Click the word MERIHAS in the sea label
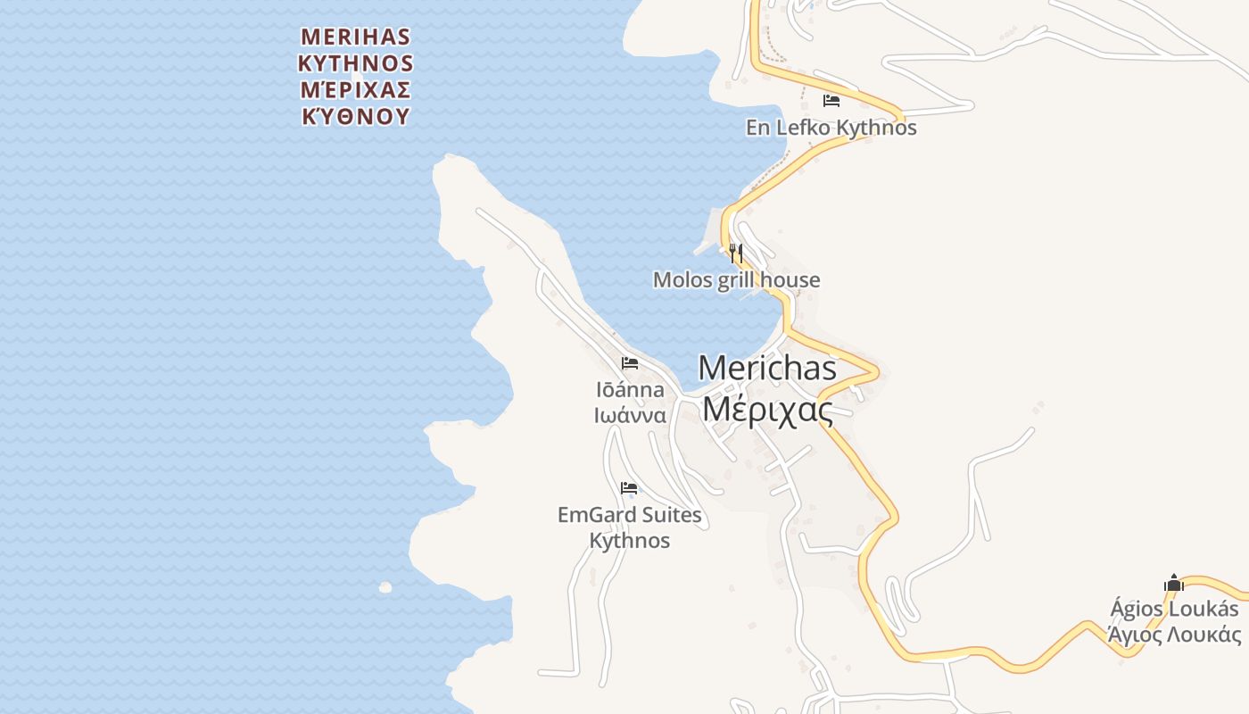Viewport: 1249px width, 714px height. (x=355, y=37)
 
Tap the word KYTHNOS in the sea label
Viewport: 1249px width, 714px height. (x=355, y=63)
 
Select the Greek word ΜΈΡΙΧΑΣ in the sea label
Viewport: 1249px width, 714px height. (x=355, y=90)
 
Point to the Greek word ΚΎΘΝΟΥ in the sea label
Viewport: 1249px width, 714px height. (x=355, y=117)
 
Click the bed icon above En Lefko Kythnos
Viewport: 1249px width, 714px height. (x=831, y=101)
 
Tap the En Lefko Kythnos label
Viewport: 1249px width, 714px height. (x=831, y=128)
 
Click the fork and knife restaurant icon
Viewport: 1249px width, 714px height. (x=736, y=253)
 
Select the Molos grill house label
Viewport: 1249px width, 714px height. (x=736, y=280)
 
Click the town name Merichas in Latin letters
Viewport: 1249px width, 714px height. (x=767, y=367)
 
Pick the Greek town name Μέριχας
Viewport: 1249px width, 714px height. (x=767, y=410)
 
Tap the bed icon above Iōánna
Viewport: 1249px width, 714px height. (x=630, y=363)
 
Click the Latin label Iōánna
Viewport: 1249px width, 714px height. (x=630, y=390)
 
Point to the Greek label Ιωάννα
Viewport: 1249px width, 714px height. (x=630, y=415)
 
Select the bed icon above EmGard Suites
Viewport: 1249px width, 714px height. (x=630, y=488)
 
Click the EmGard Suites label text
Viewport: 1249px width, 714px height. (x=630, y=515)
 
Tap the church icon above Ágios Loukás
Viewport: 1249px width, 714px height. (x=1174, y=584)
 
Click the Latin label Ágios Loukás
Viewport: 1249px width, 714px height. (x=1174, y=609)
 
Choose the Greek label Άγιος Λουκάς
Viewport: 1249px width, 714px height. (x=1174, y=635)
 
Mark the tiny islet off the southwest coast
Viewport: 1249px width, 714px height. (x=385, y=587)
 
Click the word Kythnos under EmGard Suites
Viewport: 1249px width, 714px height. (x=630, y=541)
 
